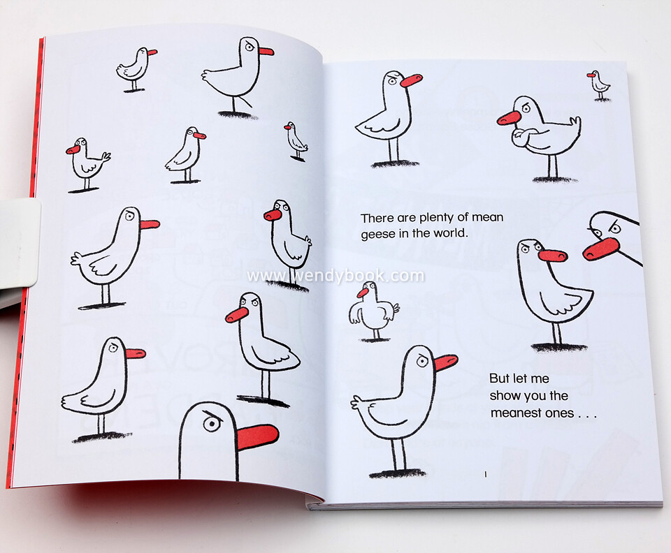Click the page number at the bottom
[486, 474]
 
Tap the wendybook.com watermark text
[335, 276]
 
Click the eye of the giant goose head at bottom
[211, 424]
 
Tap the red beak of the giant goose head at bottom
[258, 437]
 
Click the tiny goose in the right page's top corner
[599, 86]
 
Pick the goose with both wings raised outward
[374, 311]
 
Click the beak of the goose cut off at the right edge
[600, 249]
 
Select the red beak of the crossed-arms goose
[509, 117]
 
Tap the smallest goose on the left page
[296, 142]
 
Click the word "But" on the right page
[499, 378]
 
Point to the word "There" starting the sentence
[377, 219]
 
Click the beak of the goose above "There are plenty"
[411, 80]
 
